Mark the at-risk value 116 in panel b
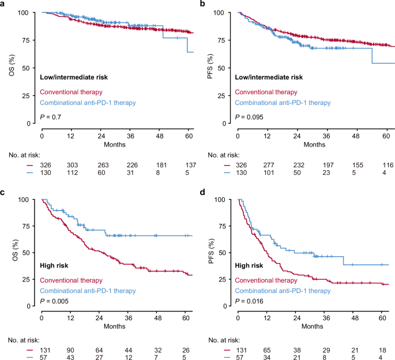381,165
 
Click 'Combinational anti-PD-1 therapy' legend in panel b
283,102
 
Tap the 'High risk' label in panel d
249,265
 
